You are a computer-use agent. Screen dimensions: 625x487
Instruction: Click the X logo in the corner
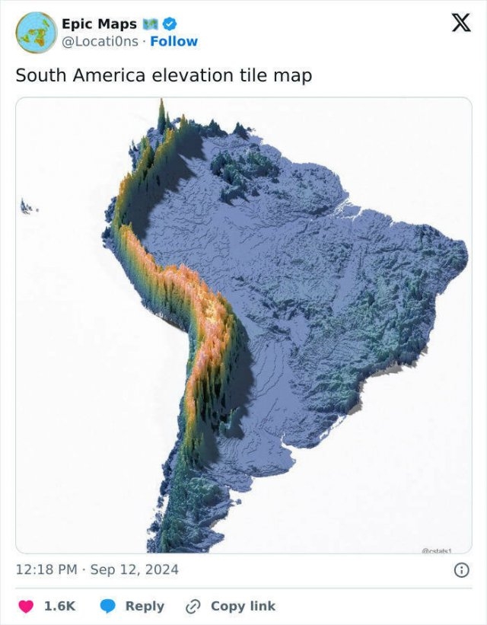click(460, 24)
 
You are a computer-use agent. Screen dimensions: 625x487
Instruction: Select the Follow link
click(173, 41)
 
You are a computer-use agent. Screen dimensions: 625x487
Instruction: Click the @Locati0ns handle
click(100, 41)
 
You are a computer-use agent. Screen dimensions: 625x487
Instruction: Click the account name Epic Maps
click(99, 24)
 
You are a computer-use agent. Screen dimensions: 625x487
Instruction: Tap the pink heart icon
click(25, 606)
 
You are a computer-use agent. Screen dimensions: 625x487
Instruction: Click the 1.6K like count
click(59, 606)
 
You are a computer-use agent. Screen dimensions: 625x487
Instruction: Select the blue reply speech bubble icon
click(108, 606)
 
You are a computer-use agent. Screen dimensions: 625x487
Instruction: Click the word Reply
click(145, 606)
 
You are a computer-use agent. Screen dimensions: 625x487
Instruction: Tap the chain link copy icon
click(193, 606)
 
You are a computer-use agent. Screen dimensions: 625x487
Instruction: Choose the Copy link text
click(243, 606)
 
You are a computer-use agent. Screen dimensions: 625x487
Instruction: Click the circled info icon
click(460, 569)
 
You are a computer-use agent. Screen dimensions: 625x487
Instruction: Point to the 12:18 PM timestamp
click(46, 569)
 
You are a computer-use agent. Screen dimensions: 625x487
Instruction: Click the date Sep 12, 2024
click(134, 569)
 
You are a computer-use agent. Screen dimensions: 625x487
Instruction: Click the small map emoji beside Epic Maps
click(151, 24)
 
